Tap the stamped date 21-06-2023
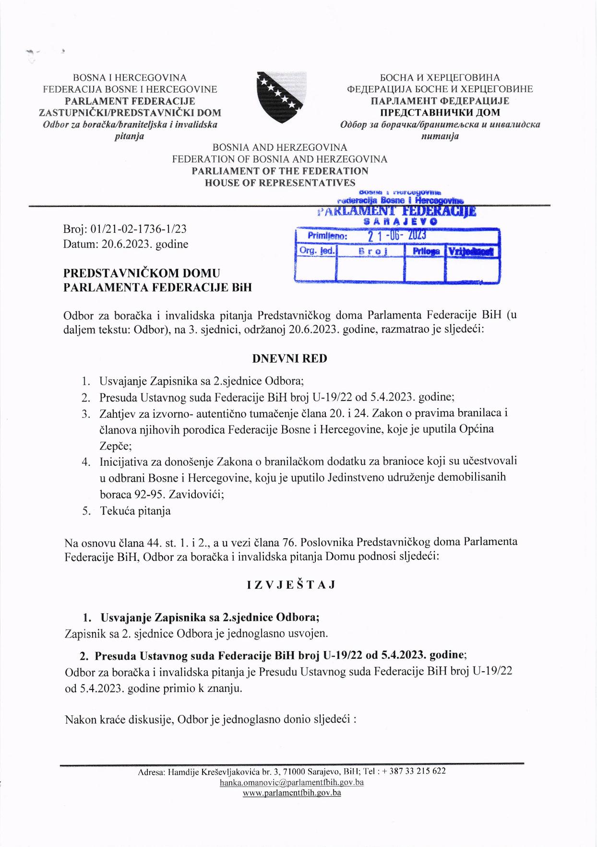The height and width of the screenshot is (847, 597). pyautogui.click(x=397, y=236)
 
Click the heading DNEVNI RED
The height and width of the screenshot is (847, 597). pyautogui.click(x=289, y=359)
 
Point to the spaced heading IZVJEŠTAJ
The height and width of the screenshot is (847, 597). pyautogui.click(x=291, y=585)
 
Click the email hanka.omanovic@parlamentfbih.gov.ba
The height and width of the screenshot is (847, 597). pyautogui.click(x=291, y=782)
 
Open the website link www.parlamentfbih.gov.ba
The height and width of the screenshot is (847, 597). pyautogui.click(x=292, y=793)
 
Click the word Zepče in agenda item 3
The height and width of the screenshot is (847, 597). pyautogui.click(x=115, y=446)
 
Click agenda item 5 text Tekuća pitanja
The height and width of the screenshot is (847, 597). pyautogui.click(x=135, y=511)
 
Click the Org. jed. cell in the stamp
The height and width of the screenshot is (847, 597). pyautogui.click(x=317, y=251)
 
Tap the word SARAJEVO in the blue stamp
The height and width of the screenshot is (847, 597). pyautogui.click(x=400, y=222)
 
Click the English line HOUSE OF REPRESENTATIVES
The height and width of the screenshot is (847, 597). pyautogui.click(x=280, y=183)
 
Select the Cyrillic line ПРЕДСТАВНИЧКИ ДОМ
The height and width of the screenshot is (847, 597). pyautogui.click(x=440, y=113)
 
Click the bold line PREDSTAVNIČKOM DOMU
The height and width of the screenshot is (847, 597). pyautogui.click(x=142, y=273)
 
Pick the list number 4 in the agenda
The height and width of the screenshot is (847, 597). pyautogui.click(x=85, y=462)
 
